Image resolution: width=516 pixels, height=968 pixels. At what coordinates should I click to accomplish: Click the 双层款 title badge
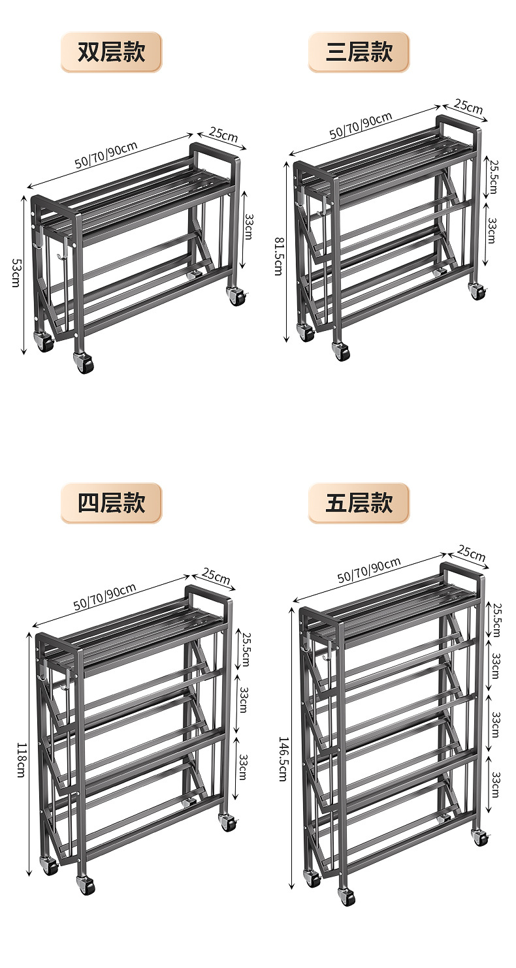(111, 52)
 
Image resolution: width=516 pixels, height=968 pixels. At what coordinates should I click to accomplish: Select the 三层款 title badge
(359, 52)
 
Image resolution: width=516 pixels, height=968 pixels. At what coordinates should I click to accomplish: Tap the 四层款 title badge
(111, 503)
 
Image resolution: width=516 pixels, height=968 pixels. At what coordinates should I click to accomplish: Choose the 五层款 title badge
(359, 503)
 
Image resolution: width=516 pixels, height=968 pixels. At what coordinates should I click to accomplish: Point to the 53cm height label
(16, 273)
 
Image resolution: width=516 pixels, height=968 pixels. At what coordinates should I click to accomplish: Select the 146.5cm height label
(282, 758)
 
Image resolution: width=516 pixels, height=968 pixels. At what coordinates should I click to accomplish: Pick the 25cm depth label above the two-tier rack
(223, 135)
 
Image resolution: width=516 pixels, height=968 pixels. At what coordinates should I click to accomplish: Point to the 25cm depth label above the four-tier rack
(216, 576)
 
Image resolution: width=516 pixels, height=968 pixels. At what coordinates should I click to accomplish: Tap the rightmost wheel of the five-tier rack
(480, 837)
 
